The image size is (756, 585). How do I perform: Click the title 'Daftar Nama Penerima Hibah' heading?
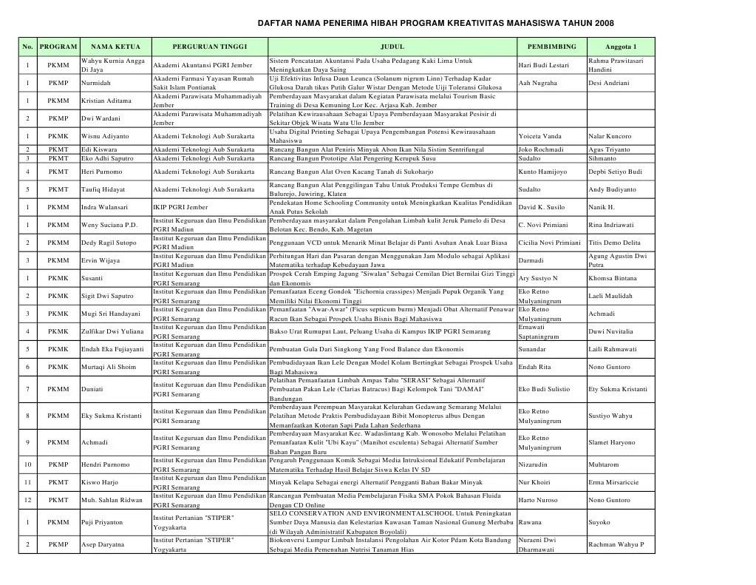(x=434, y=24)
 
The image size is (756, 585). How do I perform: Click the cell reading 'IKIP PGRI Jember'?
(x=180, y=208)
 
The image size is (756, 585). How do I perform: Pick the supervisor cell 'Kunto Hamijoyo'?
(x=543, y=172)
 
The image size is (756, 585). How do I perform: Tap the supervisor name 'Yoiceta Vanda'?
(x=542, y=136)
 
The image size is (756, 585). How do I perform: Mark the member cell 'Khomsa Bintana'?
(x=612, y=278)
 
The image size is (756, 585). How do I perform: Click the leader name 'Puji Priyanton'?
(x=102, y=522)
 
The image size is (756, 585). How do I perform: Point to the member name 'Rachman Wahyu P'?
(x=616, y=545)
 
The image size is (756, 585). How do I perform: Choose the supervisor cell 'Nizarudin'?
(x=533, y=465)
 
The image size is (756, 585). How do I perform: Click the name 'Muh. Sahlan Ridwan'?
(x=112, y=501)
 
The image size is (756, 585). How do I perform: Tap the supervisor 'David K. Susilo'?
(x=542, y=208)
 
